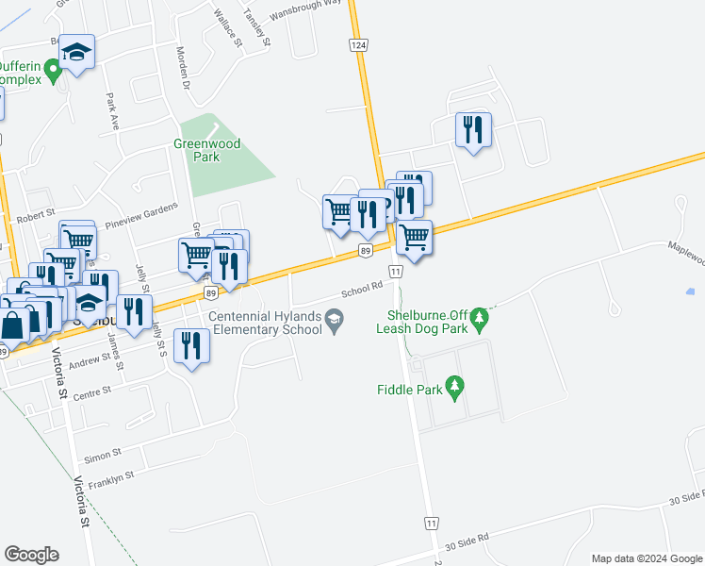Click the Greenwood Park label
coord(206,150)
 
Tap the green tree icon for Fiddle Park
coord(456,387)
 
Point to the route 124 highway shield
coord(359,45)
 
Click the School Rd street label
coord(362,289)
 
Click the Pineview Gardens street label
coord(141,223)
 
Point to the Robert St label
coord(41,214)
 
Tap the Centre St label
coord(93,390)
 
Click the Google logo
coord(32,555)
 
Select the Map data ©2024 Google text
coord(646,558)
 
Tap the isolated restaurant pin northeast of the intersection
coord(473,129)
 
